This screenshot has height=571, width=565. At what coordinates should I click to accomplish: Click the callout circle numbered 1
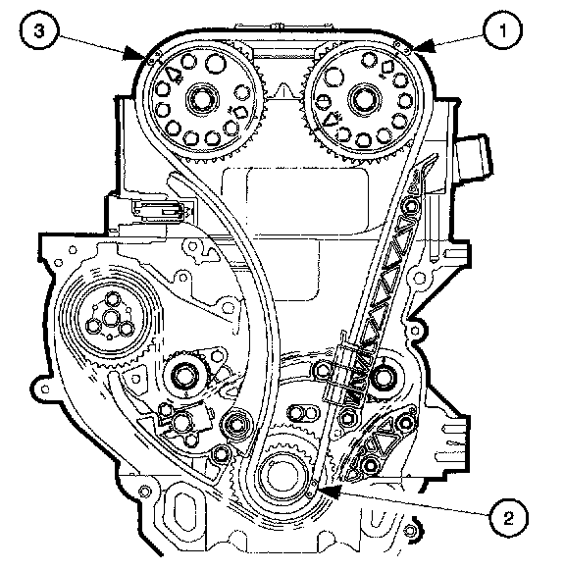click(503, 30)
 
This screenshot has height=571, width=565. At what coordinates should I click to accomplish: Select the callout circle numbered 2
click(508, 517)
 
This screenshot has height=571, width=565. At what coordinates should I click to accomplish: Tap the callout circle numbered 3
click(38, 30)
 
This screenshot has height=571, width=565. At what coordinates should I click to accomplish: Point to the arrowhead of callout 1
click(423, 47)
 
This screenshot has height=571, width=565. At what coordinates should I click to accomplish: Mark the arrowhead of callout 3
click(135, 54)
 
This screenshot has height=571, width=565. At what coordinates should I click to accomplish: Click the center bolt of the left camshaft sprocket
click(202, 99)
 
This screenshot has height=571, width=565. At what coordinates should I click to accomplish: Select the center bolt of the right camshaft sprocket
click(364, 99)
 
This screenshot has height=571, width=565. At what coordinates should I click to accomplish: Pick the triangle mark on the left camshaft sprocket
click(174, 75)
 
